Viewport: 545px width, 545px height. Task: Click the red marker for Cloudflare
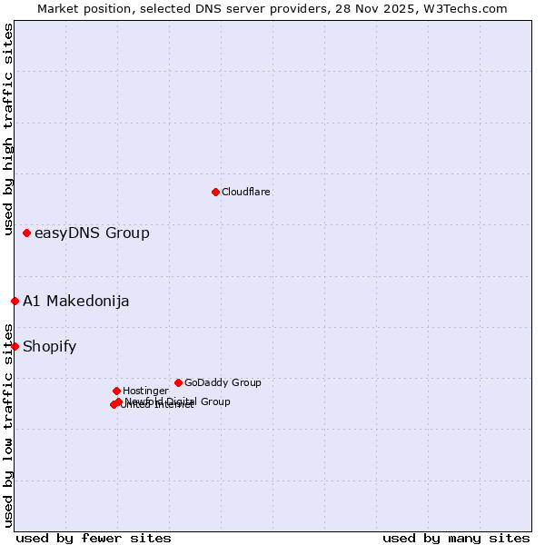215,192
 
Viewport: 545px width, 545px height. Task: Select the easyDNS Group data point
26,233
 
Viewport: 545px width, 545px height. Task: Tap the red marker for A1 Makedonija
15,301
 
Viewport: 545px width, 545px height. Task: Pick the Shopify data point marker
15,346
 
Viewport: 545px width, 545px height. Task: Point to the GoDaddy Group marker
178,382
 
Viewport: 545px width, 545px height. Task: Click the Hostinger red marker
116,391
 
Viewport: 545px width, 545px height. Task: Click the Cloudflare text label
246,192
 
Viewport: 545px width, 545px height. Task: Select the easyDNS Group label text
92,233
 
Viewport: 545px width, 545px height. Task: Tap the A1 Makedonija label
76,302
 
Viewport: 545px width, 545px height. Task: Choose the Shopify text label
50,346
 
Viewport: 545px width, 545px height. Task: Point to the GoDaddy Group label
223,382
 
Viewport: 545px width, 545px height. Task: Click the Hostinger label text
145,391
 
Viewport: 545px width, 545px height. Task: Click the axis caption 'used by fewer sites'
94,538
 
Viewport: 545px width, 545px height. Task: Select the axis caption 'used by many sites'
456,538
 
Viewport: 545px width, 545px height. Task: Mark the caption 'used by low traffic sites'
8,425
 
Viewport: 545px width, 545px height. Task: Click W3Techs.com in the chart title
467,8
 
